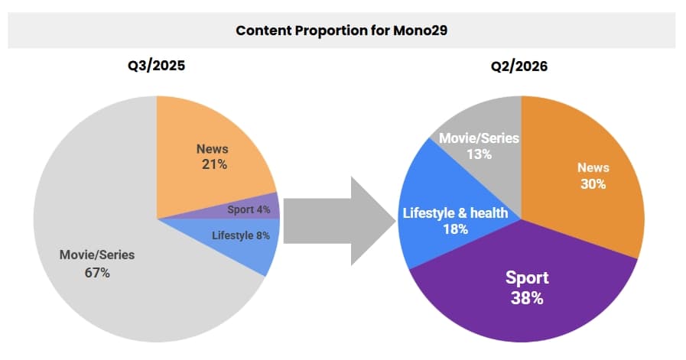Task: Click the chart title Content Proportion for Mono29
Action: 341,31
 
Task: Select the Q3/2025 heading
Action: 156,66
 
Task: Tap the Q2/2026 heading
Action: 519,66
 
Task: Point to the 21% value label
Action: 212,164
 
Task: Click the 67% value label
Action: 97,272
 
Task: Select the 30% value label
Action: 593,183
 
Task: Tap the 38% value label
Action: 527,297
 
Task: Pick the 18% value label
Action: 455,229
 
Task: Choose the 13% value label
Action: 479,154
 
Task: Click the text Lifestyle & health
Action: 455,212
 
